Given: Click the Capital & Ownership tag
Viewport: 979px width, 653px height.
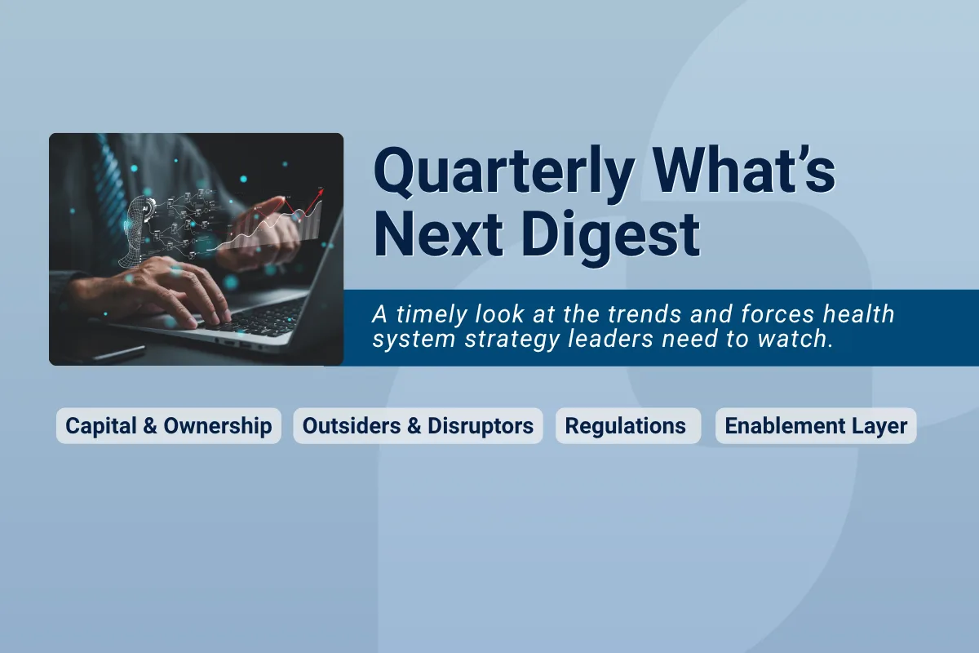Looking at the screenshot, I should pyautogui.click(x=168, y=426).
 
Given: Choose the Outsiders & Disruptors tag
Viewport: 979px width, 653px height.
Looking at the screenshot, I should pyautogui.click(x=418, y=426).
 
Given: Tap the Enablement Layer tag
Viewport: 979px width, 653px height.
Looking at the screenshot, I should pyautogui.click(x=816, y=426).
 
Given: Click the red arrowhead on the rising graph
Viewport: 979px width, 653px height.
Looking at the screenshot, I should pyautogui.click(x=321, y=192).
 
